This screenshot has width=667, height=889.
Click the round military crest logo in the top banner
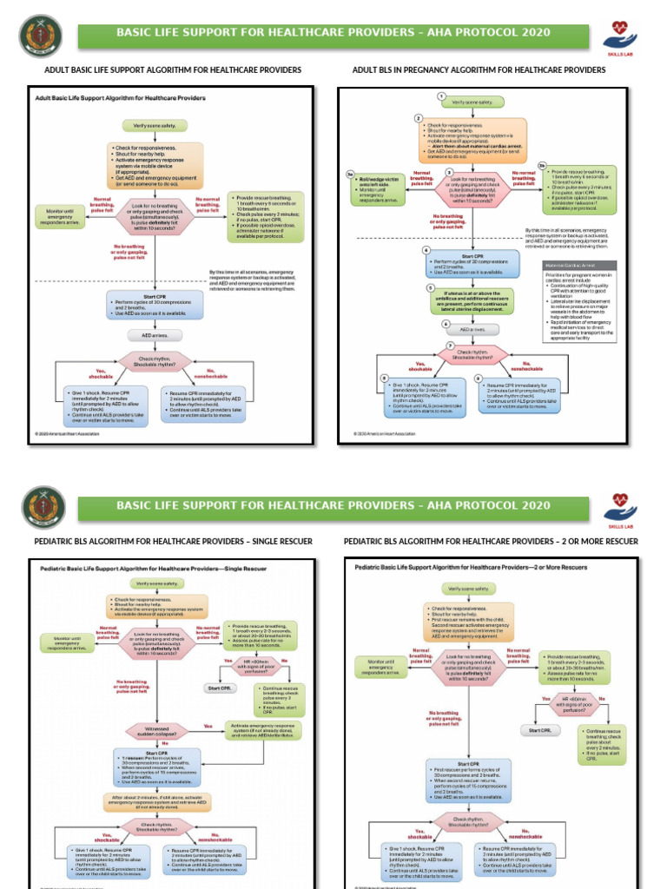click(43, 37)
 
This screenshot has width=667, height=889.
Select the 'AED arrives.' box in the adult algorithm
click(155, 334)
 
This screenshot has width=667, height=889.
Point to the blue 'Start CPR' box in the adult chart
click(155, 304)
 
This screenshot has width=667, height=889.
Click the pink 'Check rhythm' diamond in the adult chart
click(155, 362)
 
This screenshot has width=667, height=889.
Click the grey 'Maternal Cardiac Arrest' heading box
click(578, 265)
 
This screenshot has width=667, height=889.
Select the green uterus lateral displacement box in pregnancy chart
click(472, 300)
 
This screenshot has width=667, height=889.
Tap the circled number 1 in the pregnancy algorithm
click(441, 95)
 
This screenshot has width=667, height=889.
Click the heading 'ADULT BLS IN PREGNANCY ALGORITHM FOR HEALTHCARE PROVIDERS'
click(479, 69)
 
